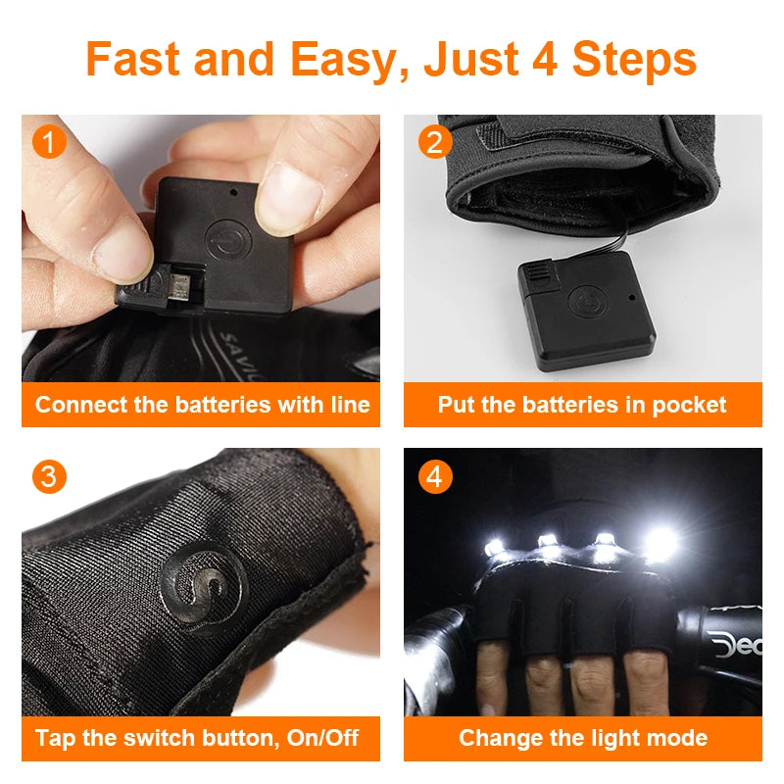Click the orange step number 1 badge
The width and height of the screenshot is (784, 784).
click(x=49, y=142)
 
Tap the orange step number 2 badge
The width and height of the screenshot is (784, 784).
click(x=434, y=142)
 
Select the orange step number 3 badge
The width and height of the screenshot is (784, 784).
click(x=49, y=476)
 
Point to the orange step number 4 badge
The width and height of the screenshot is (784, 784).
click(x=434, y=476)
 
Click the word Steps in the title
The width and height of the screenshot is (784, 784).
click(x=634, y=61)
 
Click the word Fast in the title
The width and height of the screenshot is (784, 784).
click(x=132, y=59)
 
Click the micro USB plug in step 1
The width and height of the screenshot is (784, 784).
click(x=178, y=286)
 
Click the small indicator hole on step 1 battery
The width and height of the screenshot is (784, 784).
click(x=233, y=192)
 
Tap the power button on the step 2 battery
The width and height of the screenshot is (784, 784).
click(x=587, y=302)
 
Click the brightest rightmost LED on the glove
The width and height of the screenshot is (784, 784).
click(x=661, y=543)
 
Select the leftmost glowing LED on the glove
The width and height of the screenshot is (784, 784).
click(x=494, y=547)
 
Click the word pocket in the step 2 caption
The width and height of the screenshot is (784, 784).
click(x=689, y=406)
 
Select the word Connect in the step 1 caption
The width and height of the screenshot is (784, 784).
click(x=81, y=405)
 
